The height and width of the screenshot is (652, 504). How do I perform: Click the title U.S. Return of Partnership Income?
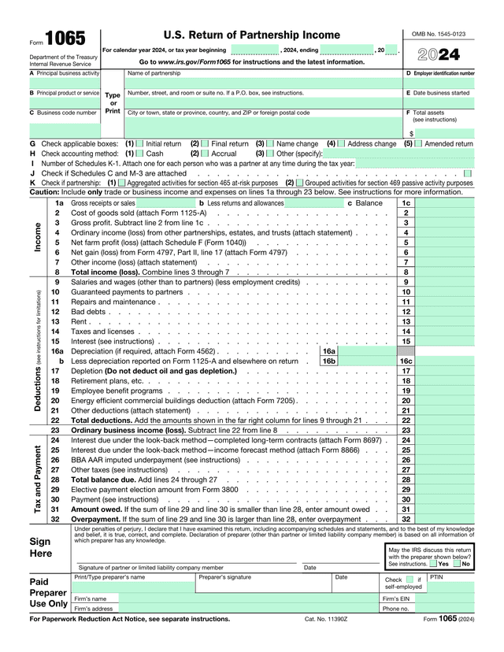251,35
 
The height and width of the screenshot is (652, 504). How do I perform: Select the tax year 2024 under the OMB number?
439,55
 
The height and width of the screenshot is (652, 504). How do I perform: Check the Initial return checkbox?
140,144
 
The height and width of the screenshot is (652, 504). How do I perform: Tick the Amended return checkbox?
418,144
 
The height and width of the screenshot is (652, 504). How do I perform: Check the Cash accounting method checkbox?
140,154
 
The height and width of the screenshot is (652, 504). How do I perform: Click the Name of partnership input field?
262,83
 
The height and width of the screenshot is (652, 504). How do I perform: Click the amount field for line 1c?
446,203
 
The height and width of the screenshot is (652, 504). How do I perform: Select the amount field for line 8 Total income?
446,272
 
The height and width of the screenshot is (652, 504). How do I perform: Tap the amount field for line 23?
446,430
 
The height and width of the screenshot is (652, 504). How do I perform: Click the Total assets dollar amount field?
445,134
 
